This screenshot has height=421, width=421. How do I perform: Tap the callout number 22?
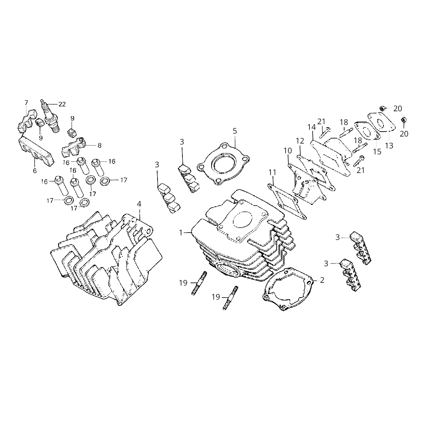tap(62, 104)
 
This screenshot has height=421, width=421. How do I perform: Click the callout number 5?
tap(235, 131)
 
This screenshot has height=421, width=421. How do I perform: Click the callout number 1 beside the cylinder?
tap(181, 232)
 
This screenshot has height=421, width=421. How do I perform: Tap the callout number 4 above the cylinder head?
tap(139, 204)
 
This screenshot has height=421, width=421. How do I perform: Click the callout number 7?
tap(26, 102)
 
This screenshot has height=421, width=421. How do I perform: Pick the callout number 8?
tap(99, 145)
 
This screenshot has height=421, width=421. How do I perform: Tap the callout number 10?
tap(288, 151)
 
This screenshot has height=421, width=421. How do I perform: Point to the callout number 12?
tap(300, 141)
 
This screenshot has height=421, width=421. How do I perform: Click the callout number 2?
tap(322, 280)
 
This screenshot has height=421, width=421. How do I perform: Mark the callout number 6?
tap(34, 171)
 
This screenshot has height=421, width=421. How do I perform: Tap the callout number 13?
tap(389, 145)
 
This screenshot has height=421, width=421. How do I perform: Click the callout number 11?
tap(273, 172)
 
